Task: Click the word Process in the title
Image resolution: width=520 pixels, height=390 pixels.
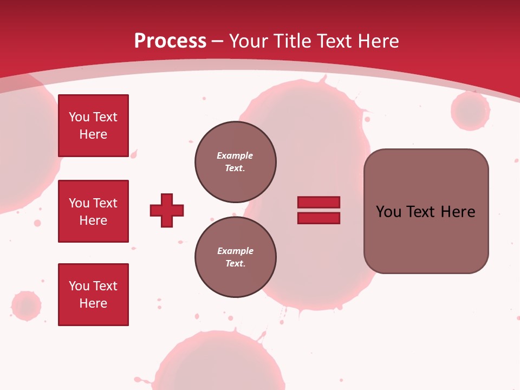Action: (170, 41)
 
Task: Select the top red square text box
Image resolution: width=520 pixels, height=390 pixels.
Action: (93, 126)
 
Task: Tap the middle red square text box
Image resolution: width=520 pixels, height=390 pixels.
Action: (93, 211)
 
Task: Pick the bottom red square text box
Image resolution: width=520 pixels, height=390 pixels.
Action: (93, 295)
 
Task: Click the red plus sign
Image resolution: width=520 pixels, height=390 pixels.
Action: (167, 210)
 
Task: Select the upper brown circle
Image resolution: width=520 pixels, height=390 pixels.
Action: (235, 161)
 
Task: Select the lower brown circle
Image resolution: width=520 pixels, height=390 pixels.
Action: (235, 257)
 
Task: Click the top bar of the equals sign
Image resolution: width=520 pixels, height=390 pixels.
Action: (318, 202)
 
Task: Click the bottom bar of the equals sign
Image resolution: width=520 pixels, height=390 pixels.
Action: (318, 218)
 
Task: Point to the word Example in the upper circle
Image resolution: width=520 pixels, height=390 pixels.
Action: (235, 155)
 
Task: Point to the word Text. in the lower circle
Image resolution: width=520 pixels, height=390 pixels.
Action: (235, 263)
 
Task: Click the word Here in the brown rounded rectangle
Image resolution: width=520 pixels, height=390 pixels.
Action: (458, 212)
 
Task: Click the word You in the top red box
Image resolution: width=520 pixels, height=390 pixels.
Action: (79, 117)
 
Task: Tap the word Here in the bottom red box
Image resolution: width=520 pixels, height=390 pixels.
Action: (93, 303)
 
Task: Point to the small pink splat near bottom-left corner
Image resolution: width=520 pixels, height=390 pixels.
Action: (25, 306)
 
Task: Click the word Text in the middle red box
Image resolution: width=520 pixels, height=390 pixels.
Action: (105, 203)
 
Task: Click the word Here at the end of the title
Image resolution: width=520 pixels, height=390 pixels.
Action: (378, 41)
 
